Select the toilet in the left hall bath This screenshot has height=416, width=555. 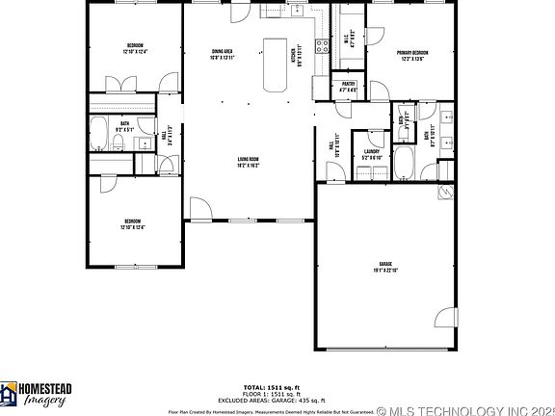click(117, 144)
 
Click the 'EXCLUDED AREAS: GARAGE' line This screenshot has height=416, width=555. click(277, 399)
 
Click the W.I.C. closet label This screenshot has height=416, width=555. click(351, 40)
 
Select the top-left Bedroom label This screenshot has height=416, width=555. click(136, 48)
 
